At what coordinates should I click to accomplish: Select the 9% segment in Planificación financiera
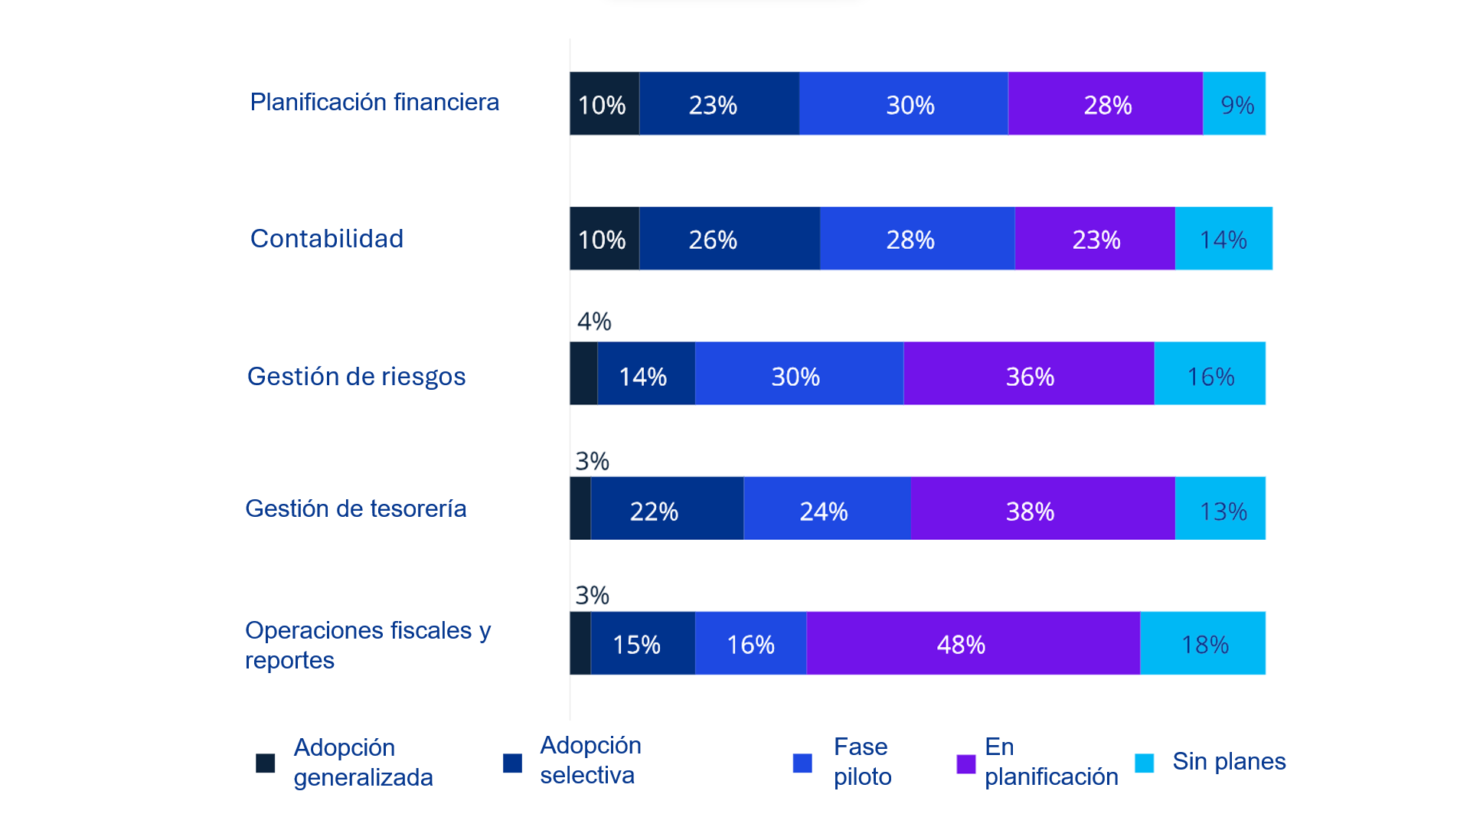tap(1233, 104)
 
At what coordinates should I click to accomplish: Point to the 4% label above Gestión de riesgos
tap(594, 322)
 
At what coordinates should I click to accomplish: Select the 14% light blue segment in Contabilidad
tap(1223, 239)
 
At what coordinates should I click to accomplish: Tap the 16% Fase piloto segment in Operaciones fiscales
tap(750, 643)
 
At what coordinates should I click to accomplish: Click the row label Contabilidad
tap(327, 239)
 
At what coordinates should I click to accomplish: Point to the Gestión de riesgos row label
tap(356, 377)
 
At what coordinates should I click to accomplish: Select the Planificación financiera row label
tap(374, 102)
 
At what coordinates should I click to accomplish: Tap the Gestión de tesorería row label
tap(355, 508)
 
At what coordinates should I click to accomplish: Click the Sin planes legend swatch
tap(1144, 763)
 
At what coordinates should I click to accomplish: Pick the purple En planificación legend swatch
tap(965, 763)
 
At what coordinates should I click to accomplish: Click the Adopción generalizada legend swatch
tap(265, 763)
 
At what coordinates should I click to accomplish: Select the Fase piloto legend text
tap(862, 761)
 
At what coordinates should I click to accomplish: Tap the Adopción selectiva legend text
tap(590, 760)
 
